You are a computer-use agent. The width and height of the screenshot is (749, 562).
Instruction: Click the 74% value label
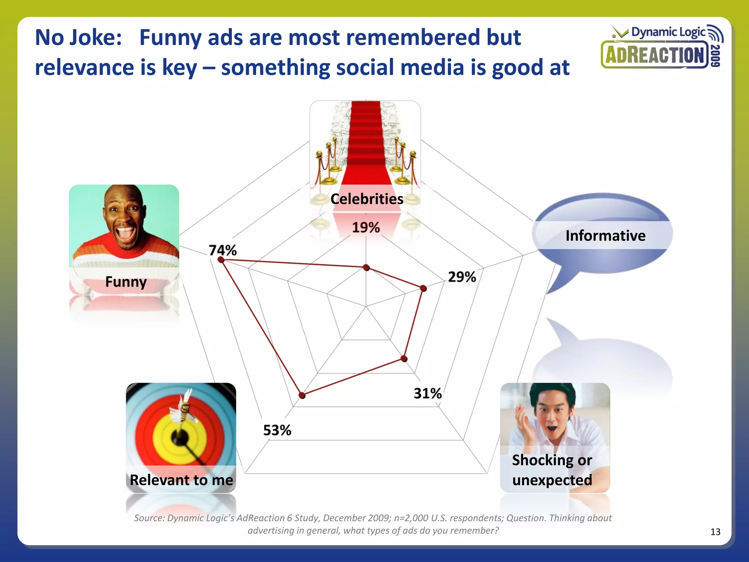click(223, 250)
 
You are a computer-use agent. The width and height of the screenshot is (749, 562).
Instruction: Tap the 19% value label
click(366, 228)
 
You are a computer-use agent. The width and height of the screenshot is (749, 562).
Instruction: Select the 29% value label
click(462, 277)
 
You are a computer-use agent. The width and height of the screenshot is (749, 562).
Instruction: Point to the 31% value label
click(428, 393)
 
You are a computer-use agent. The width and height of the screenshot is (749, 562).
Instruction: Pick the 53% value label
click(277, 430)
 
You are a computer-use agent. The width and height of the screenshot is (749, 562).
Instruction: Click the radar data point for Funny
click(221, 260)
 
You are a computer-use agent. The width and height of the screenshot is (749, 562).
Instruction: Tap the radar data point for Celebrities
click(366, 268)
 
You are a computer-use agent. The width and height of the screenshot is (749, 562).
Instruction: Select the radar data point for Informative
click(423, 288)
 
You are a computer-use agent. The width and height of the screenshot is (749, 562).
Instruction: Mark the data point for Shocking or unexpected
click(404, 359)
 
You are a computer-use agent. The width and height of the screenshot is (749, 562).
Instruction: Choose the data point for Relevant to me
click(302, 395)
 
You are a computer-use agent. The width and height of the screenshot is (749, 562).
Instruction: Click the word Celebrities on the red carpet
click(367, 199)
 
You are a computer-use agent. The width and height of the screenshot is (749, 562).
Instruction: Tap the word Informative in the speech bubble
click(605, 236)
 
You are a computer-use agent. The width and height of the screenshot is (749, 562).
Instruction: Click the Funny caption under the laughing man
click(126, 282)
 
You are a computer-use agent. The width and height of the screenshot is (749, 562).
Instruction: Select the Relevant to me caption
click(181, 480)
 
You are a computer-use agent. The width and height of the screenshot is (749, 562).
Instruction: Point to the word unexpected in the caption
click(552, 480)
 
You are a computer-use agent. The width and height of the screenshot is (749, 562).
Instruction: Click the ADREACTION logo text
click(654, 56)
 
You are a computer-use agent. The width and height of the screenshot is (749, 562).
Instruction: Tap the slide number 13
click(715, 532)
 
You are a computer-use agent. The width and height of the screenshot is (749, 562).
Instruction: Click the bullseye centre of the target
click(180, 437)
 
